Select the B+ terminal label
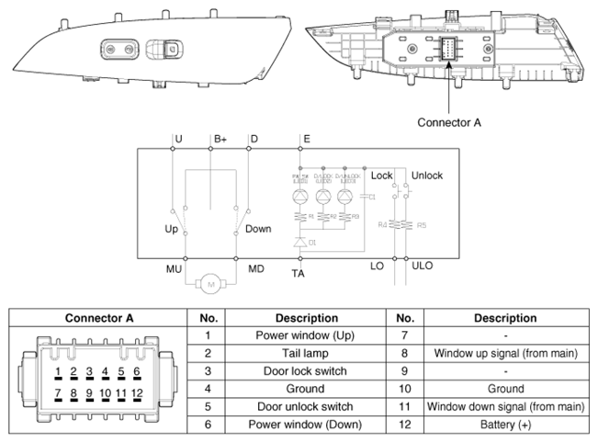click(220, 140)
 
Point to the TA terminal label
click(299, 274)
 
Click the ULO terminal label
click(422, 267)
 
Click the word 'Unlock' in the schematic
click(426, 176)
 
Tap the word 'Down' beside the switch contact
click(258, 228)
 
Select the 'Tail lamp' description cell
click(291, 354)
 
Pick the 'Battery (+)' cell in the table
click(505, 425)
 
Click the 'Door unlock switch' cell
click(291, 407)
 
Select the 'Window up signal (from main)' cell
click(505, 354)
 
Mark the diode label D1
click(313, 244)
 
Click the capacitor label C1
click(372, 198)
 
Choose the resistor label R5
click(422, 224)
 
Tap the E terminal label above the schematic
click(306, 140)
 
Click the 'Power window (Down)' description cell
click(291, 425)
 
